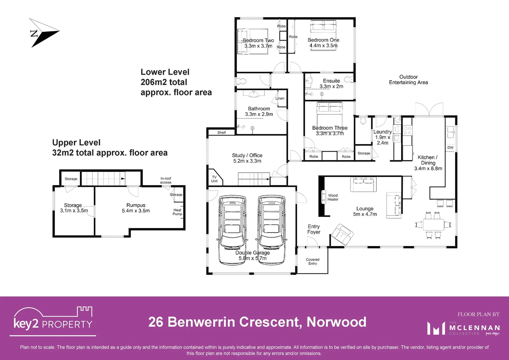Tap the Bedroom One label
click(x=323, y=40)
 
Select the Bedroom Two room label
click(x=258, y=40)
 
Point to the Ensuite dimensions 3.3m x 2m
click(x=331, y=86)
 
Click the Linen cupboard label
click(x=280, y=98)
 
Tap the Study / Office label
click(x=247, y=155)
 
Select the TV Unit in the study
click(x=214, y=179)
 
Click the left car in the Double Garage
click(x=233, y=230)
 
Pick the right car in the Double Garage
click(x=271, y=230)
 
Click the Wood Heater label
click(x=332, y=197)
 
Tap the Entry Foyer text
click(x=313, y=229)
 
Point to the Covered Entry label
click(x=312, y=261)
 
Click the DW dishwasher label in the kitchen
click(x=450, y=147)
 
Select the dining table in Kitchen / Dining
click(x=433, y=225)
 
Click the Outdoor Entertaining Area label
click(x=408, y=80)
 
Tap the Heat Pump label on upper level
click(x=177, y=212)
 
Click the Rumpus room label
click(x=136, y=205)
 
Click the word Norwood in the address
click(x=336, y=322)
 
